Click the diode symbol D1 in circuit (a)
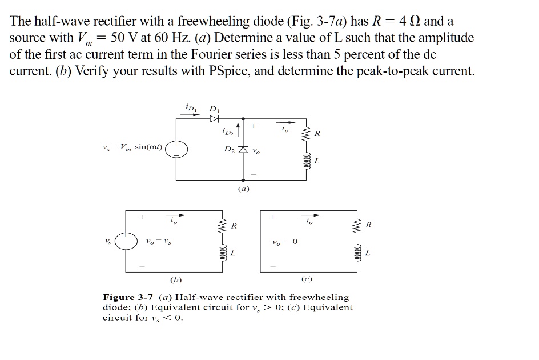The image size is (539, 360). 214,118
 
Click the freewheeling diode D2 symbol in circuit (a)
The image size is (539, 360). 244,149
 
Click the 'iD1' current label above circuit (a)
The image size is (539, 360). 190,107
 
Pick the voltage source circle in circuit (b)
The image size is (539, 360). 127,241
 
